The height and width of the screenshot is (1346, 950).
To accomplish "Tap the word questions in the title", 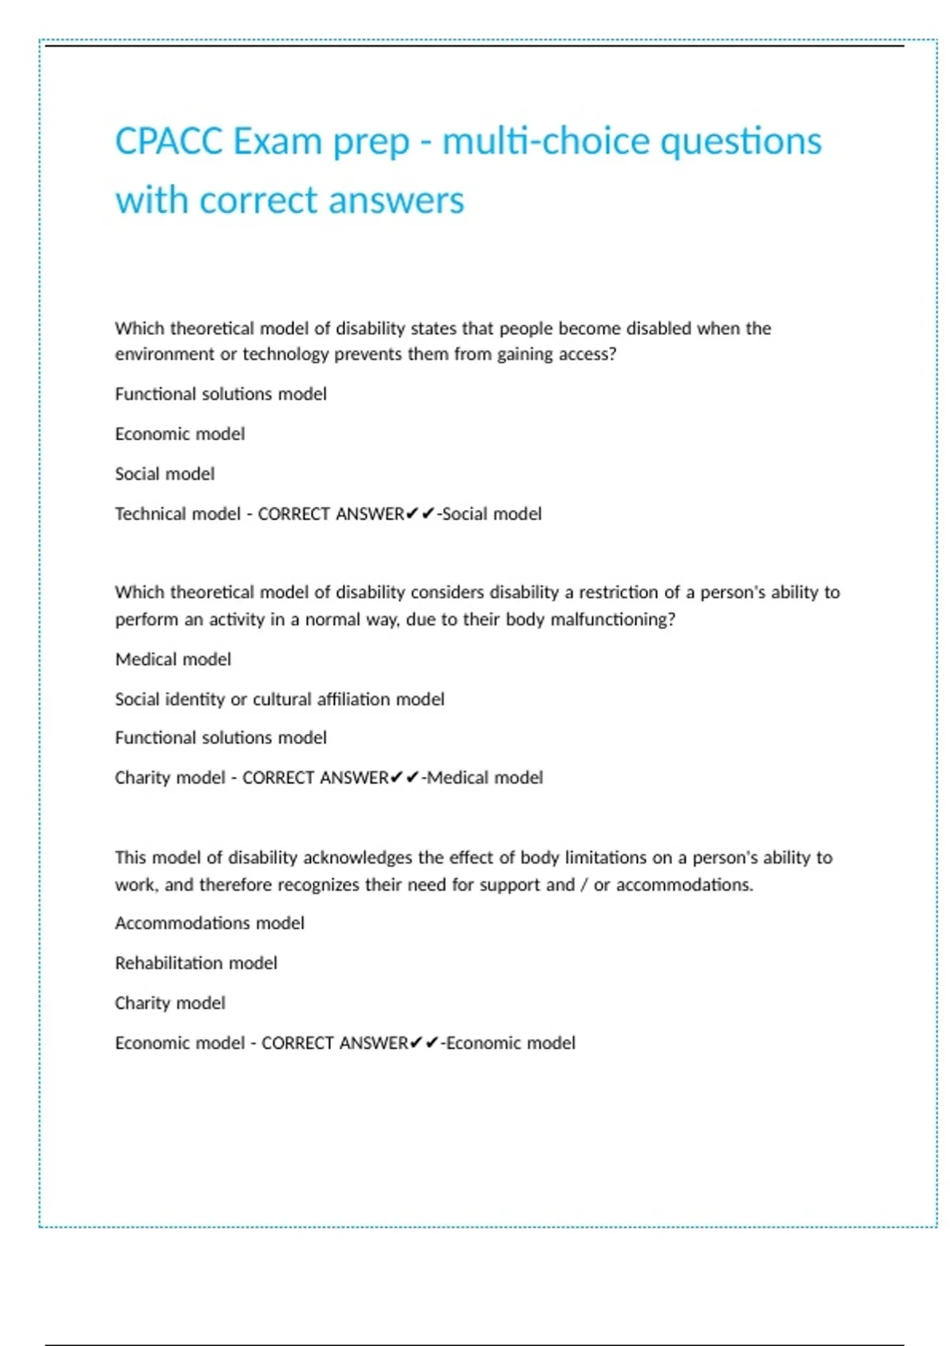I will [x=741, y=143].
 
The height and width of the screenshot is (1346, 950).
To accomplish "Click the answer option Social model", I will [x=165, y=474].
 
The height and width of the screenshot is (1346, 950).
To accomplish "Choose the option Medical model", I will [x=173, y=660].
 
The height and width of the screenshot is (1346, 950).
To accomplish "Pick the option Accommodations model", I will [x=210, y=923].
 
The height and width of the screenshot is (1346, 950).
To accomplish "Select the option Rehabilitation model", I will [x=196, y=964].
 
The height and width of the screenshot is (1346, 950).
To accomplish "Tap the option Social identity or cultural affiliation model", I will [x=279, y=699].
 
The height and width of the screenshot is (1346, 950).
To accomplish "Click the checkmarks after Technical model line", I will [x=420, y=514].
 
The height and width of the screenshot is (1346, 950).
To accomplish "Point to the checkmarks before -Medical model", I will [x=405, y=778].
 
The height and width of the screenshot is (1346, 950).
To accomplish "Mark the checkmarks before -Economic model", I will [x=424, y=1043].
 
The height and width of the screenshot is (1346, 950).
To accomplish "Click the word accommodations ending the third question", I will [x=684, y=885].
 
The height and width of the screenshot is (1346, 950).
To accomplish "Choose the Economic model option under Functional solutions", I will [x=180, y=434].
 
